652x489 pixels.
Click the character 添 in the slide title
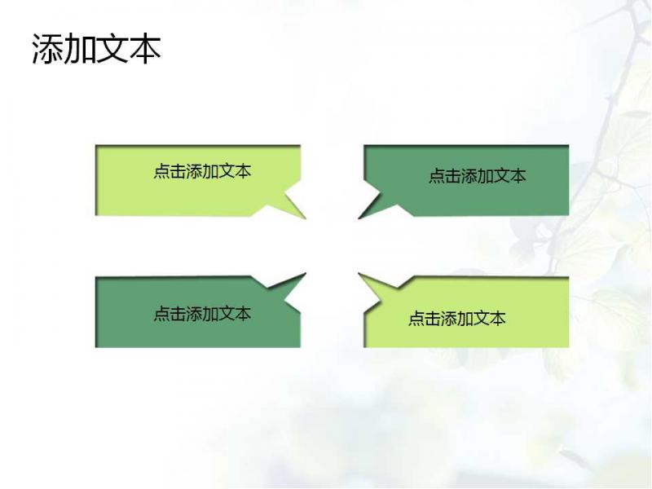[48, 49]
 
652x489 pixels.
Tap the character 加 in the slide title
[80, 49]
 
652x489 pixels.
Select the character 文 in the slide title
[112, 49]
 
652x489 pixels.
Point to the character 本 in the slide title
[145, 49]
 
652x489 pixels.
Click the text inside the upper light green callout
[202, 171]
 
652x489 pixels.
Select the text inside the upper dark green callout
[478, 176]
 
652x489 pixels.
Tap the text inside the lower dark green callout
[202, 314]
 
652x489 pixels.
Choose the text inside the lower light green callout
[457, 319]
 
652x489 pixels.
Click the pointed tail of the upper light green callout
[306, 218]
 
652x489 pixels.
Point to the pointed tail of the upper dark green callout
[359, 218]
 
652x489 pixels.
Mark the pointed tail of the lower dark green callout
[306, 274]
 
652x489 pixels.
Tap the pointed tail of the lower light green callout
[359, 274]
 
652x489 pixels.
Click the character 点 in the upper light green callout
[161, 171]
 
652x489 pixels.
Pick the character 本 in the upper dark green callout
[518, 176]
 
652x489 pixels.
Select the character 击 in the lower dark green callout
[178, 314]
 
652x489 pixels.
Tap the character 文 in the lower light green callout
[482, 319]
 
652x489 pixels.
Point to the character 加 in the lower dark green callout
[211, 314]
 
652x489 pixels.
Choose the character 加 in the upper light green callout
[211, 171]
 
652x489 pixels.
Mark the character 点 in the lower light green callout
[416, 319]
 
